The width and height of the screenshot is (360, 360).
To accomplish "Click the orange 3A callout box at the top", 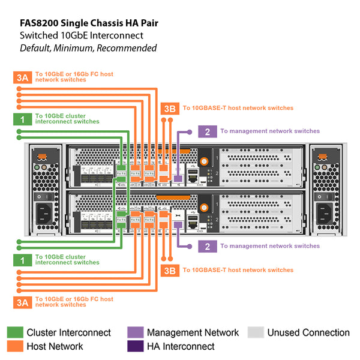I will tap(22, 77).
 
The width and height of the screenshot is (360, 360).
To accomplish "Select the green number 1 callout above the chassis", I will tap(22, 119).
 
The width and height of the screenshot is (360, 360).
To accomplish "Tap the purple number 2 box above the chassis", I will tap(207, 131).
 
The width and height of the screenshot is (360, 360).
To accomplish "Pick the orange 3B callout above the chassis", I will tap(170, 108).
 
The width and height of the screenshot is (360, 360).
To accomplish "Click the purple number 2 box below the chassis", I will tap(207, 246).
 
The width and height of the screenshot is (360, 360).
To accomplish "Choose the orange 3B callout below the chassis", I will tap(170, 270).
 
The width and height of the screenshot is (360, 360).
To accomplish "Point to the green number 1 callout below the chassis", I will tap(22, 260).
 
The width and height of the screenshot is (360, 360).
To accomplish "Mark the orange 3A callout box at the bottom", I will tap(22, 302).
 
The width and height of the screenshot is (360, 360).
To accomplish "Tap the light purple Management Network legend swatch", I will tap(135, 332).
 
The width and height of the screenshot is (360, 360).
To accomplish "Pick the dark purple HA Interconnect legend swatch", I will tap(135, 346).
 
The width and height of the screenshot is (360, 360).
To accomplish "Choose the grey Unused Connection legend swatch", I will tap(256, 332).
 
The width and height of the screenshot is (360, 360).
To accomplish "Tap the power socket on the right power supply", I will tap(325, 212).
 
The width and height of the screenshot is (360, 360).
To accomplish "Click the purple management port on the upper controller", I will tap(178, 178).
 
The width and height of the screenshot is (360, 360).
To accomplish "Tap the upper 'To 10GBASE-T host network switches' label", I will tap(238, 108).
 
